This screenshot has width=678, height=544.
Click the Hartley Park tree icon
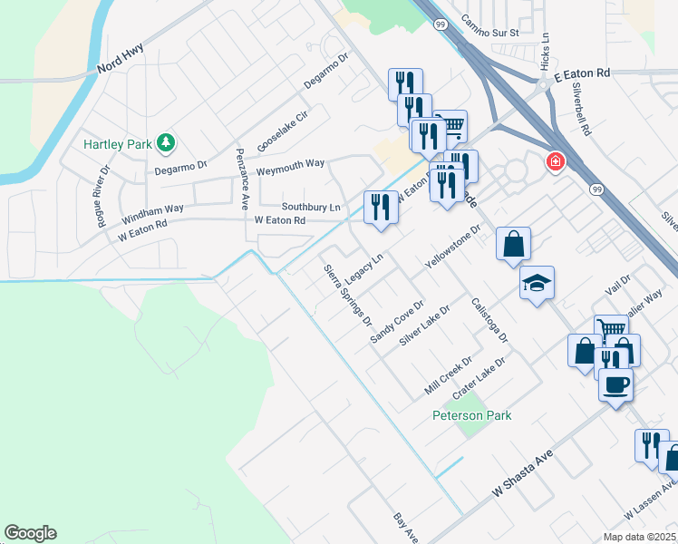[166, 142]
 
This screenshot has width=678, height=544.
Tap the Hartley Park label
[117, 144]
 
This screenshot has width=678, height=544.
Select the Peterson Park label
[471, 416]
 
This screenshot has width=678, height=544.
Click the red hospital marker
[554, 162]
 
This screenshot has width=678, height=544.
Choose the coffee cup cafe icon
[615, 384]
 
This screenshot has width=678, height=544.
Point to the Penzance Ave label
[242, 179]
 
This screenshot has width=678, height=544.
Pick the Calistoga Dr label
[489, 320]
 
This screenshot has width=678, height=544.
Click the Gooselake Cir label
[283, 131]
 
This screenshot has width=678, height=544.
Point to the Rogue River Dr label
[100, 195]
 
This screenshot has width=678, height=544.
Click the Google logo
[30, 533]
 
